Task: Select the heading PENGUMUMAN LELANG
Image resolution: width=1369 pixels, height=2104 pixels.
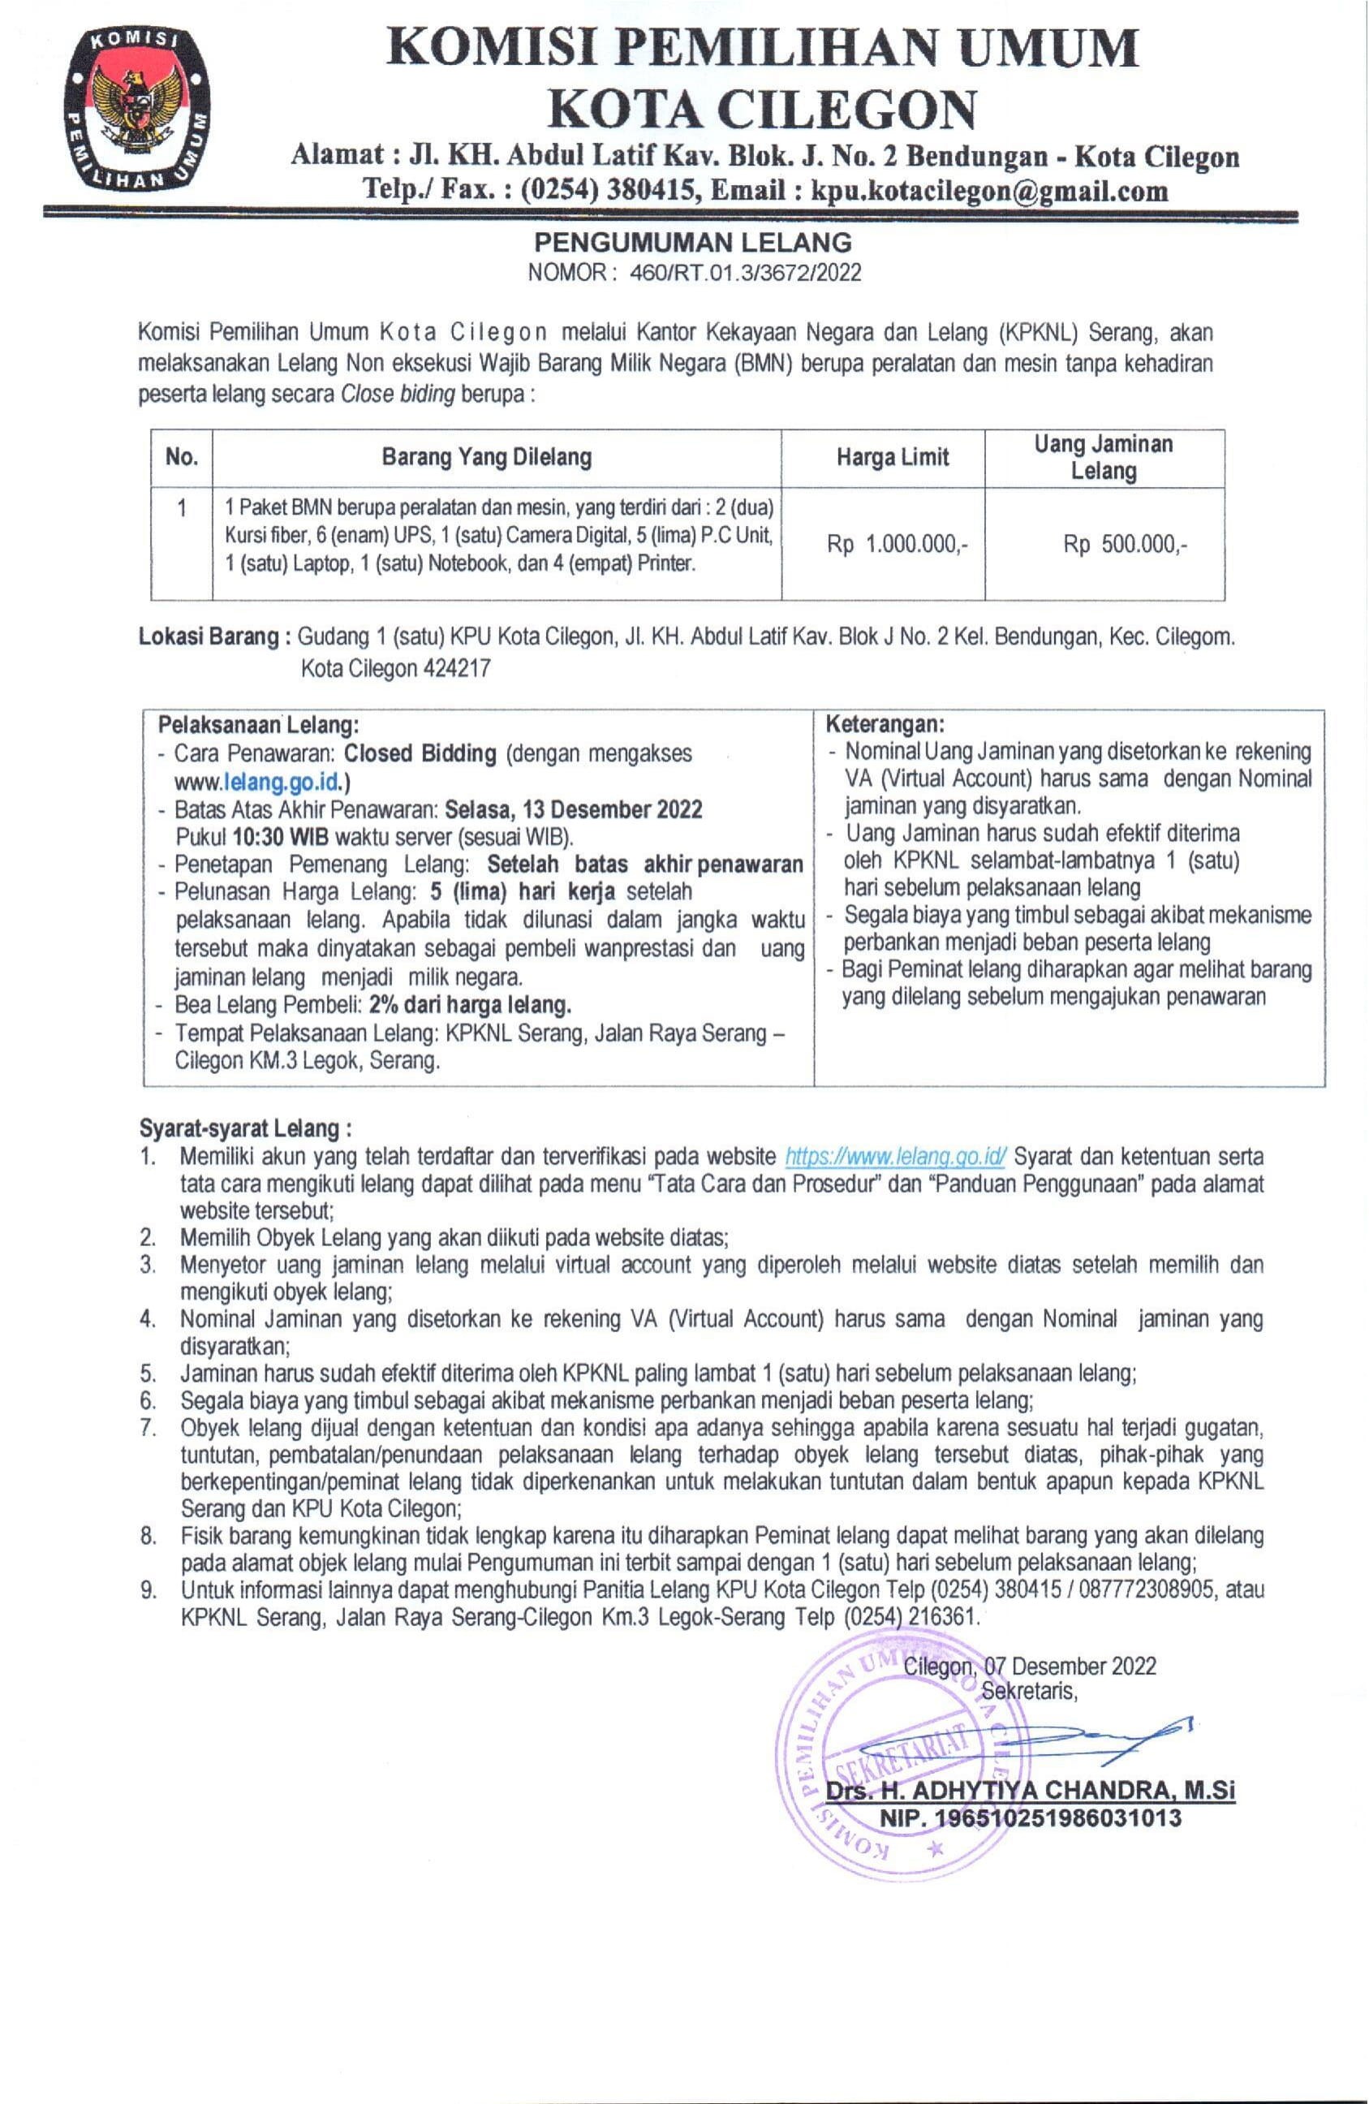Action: [693, 241]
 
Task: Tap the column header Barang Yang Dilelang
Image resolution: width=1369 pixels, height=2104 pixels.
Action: [486, 457]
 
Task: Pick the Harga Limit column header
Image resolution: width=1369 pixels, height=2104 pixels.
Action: [893, 457]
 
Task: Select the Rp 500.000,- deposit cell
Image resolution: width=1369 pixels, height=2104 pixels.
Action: [1125, 545]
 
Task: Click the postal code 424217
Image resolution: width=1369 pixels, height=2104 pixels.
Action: [457, 668]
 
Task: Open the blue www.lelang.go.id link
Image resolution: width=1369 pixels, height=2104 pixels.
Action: [260, 782]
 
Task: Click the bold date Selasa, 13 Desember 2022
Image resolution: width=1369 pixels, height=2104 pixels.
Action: [574, 809]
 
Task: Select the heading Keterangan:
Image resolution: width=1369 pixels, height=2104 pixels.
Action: [885, 725]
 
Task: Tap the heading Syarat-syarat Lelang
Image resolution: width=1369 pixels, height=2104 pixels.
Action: [245, 1129]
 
